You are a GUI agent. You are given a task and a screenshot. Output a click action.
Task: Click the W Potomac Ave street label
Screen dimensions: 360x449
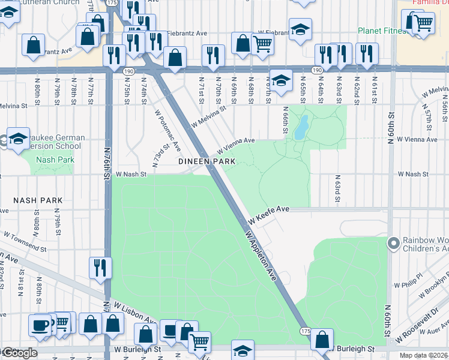pyautogui.click(x=167, y=130)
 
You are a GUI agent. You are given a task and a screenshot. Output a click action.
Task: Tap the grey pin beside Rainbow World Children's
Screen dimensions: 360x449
pyautogui.click(x=394, y=243)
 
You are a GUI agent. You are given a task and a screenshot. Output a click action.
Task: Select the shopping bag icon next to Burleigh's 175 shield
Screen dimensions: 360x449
pyautogui.click(x=322, y=338)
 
